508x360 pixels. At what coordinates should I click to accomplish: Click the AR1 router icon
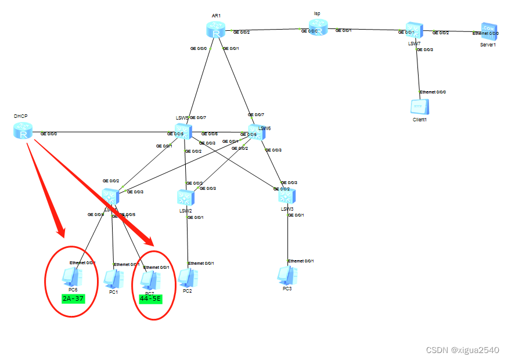pyautogui.click(x=215, y=30)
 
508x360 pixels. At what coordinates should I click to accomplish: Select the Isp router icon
pyautogui.click(x=318, y=27)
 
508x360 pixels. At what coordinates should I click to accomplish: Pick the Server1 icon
pyautogui.click(x=488, y=31)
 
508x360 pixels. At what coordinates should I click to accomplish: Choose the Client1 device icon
pyautogui.click(x=419, y=107)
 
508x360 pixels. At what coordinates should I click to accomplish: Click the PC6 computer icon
pyautogui.click(x=73, y=277)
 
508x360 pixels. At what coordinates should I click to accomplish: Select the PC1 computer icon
pyautogui.click(x=113, y=279)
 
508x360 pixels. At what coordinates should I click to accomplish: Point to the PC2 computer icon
pyautogui.click(x=186, y=278)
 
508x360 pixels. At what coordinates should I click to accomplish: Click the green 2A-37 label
pyautogui.click(x=73, y=298)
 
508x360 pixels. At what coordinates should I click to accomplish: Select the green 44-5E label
pyautogui.click(x=150, y=299)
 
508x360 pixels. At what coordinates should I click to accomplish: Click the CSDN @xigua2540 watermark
pyautogui.click(x=462, y=350)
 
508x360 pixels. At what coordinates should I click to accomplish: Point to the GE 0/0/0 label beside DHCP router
pyautogui.click(x=48, y=134)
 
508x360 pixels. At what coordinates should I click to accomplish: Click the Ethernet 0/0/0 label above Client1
pyautogui.click(x=433, y=92)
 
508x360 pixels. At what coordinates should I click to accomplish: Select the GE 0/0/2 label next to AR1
pyautogui.click(x=242, y=33)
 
